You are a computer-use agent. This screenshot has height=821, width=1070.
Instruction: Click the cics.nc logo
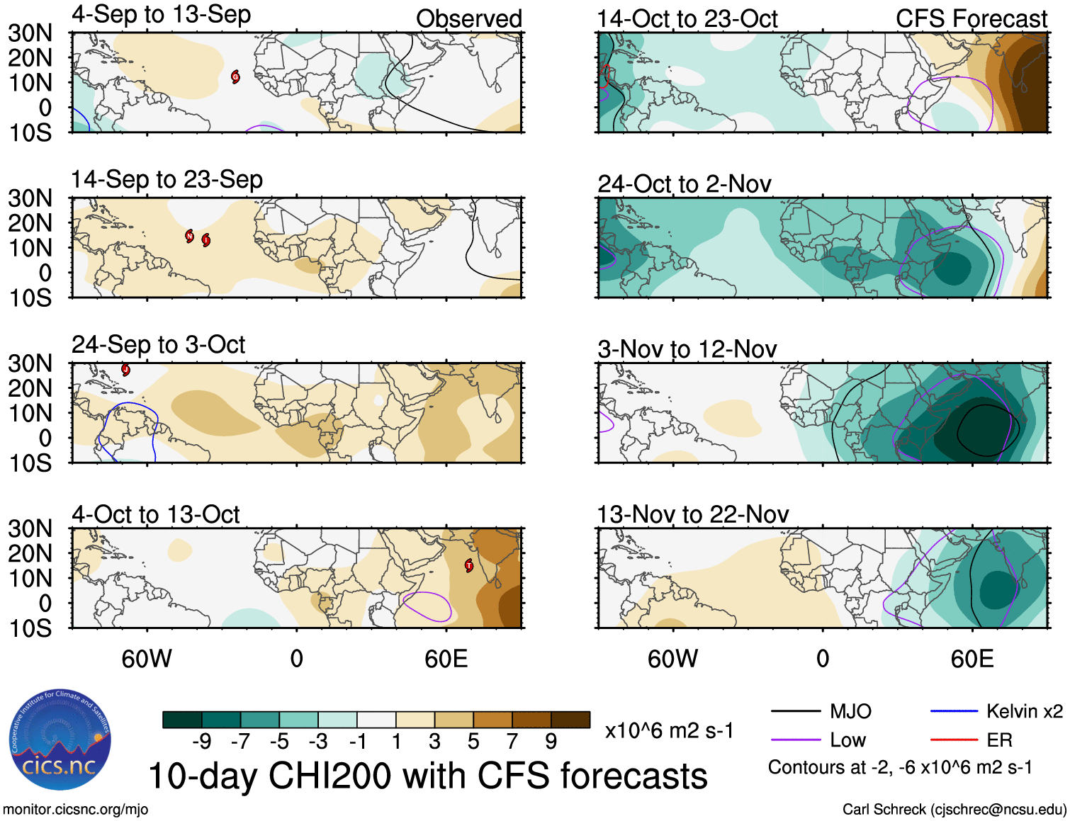pyautogui.click(x=60, y=740)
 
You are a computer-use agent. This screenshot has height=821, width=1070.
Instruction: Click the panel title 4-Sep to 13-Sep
pyautogui.click(x=161, y=15)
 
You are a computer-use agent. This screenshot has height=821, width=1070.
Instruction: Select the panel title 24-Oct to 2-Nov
pyautogui.click(x=684, y=184)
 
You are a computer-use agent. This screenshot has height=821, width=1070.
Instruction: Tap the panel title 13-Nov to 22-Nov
pyautogui.click(x=692, y=514)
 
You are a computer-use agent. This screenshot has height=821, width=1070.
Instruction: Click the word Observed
pyautogui.click(x=468, y=19)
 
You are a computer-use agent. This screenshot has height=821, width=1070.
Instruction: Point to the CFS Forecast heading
pyautogui.click(x=971, y=19)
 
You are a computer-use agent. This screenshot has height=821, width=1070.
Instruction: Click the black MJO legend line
pyautogui.click(x=795, y=711)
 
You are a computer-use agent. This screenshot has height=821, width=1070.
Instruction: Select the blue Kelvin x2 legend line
pyautogui.click(x=954, y=711)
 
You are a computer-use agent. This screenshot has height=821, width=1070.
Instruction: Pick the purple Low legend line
pyautogui.click(x=795, y=740)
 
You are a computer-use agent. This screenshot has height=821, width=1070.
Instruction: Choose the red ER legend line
pyautogui.click(x=954, y=740)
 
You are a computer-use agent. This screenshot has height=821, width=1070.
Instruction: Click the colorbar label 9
pyautogui.click(x=551, y=742)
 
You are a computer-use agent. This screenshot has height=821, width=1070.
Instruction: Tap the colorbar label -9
pyautogui.click(x=201, y=742)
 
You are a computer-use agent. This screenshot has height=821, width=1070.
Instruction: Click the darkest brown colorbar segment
pyautogui.click(x=570, y=720)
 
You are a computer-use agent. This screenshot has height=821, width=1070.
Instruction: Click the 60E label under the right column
pyautogui.click(x=972, y=659)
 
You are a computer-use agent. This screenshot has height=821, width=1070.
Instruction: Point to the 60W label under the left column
pyautogui.click(x=147, y=659)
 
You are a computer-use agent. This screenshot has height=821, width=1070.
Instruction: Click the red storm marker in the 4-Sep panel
pyautogui.click(x=235, y=77)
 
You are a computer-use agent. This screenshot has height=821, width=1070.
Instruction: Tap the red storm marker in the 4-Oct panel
pyautogui.click(x=468, y=565)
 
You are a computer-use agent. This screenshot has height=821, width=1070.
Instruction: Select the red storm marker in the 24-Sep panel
pyautogui.click(x=125, y=369)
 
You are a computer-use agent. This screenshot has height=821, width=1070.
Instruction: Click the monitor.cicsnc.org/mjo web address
pyautogui.click(x=76, y=809)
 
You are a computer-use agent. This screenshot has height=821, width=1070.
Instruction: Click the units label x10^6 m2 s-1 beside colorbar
pyautogui.click(x=669, y=730)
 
